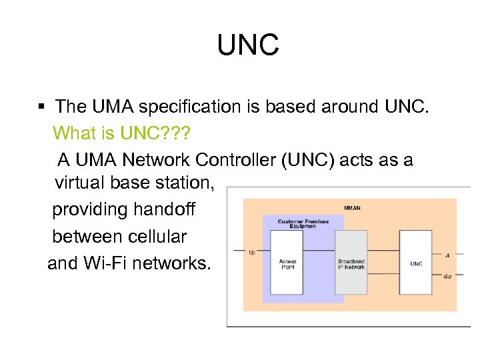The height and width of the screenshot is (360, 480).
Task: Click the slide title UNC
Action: tap(247, 46)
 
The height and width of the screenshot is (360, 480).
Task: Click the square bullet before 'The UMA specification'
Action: tap(41, 107)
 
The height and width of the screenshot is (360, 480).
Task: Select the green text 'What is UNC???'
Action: tap(121, 133)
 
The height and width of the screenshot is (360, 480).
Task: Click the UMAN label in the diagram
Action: tap(352, 208)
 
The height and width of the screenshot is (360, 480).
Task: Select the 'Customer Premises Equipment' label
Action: tap(297, 223)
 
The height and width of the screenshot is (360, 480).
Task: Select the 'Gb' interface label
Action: tap(447, 275)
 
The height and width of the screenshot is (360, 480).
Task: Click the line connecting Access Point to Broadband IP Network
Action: tap(320, 251)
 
